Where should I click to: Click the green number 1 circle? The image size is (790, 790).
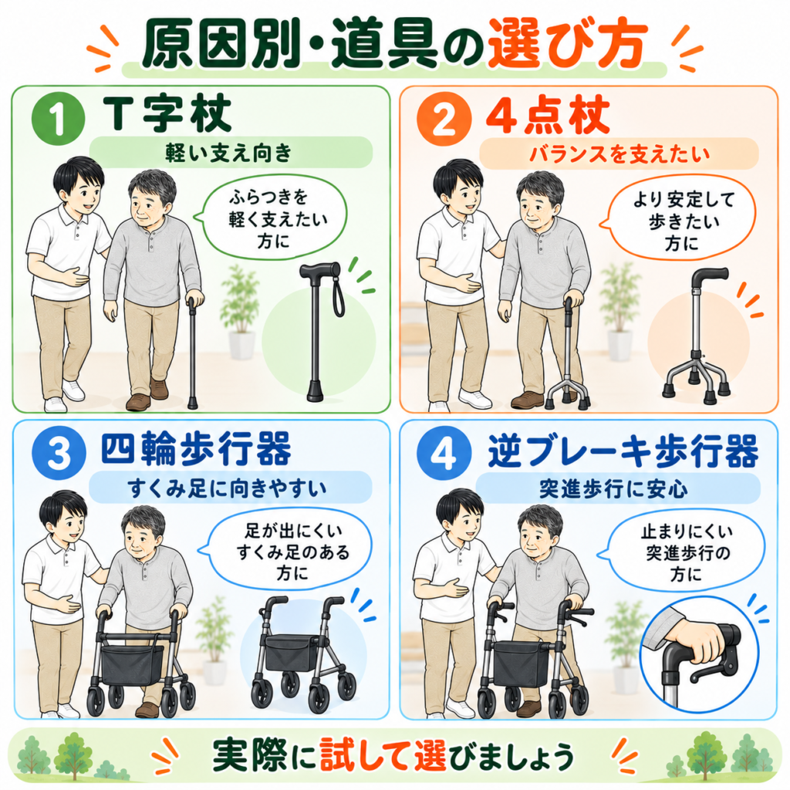pyautogui.click(x=58, y=119)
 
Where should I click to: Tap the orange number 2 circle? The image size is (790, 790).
pyautogui.click(x=444, y=119)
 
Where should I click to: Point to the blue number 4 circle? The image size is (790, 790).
pyautogui.click(x=444, y=452)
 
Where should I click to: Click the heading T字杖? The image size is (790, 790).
pyautogui.click(x=167, y=113)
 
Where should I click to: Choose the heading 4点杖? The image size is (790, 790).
pyautogui.click(x=549, y=116)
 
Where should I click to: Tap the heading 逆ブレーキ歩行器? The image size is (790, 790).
pyautogui.click(x=623, y=450)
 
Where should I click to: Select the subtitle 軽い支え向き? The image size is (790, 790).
pyautogui.click(x=228, y=152)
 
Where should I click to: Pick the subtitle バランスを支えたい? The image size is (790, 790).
pyautogui.click(x=620, y=154)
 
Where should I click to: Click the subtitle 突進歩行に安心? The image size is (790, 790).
pyautogui.click(x=613, y=488)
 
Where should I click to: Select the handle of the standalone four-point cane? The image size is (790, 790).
pyautogui.click(x=710, y=277)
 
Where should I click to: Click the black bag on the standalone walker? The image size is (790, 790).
pyautogui.click(x=291, y=651)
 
